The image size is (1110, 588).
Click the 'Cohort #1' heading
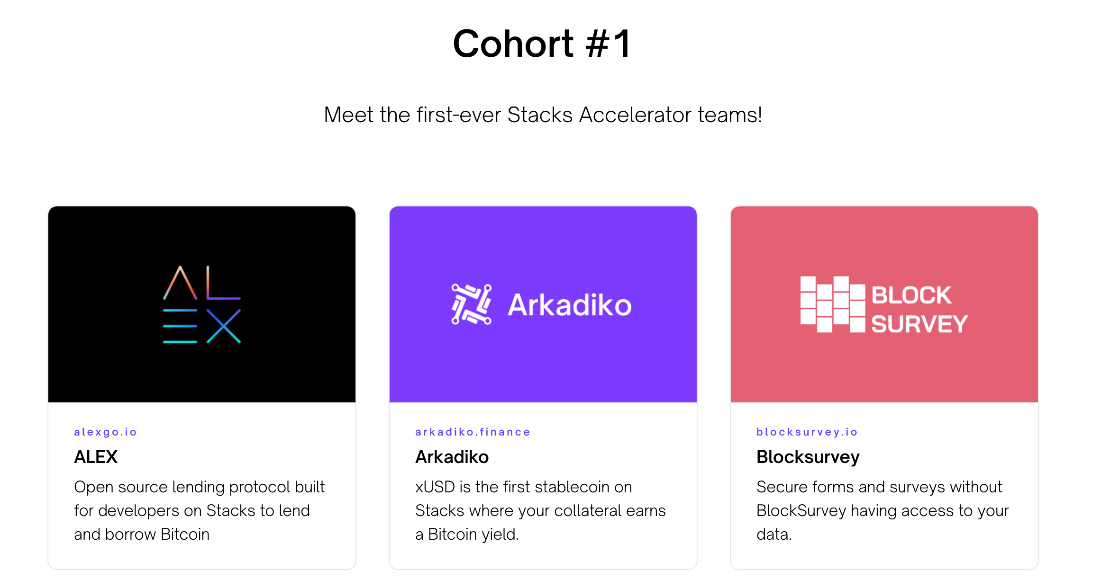[542, 44]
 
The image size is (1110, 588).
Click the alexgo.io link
[105, 432]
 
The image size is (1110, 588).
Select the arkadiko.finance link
[473, 432]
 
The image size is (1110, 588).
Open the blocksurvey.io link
[807, 432]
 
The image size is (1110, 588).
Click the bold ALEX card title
[96, 457]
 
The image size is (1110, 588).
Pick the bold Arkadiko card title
[452, 457]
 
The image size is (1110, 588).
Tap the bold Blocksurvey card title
[808, 457]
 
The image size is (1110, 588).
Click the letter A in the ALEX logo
[180, 283]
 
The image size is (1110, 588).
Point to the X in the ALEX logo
[224, 326]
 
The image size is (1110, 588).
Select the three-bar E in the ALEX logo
[180, 326]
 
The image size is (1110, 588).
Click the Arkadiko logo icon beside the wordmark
[471, 304]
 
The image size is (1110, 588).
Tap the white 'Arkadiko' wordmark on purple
[569, 305]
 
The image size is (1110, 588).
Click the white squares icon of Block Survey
[832, 304]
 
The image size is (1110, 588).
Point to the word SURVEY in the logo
[919, 324]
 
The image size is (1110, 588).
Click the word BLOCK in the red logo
[911, 295]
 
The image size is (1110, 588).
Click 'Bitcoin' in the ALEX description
[185, 535]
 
